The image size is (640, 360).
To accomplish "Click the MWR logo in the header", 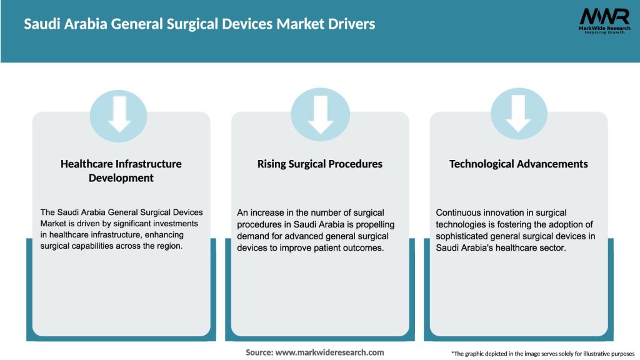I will point(604,17).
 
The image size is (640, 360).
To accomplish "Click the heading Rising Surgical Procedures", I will point(319,164).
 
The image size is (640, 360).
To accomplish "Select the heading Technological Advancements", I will point(518,164).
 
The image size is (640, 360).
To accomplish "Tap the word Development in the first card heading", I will point(121,177).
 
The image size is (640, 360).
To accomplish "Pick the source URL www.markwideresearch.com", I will point(329,352).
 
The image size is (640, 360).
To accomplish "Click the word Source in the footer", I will point(259,352).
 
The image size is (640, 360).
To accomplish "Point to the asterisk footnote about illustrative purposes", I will point(542,354).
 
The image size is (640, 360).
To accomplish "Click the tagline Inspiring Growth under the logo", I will point(604,32).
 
